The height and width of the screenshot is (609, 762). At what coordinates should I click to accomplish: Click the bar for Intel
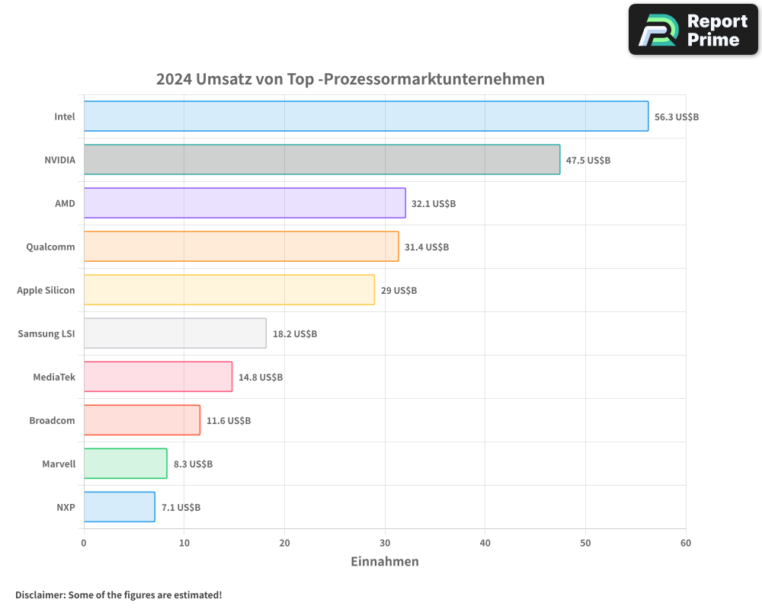[366, 116]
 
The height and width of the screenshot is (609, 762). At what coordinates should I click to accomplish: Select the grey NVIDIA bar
[322, 160]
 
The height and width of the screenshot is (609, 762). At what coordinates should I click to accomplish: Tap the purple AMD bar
[245, 203]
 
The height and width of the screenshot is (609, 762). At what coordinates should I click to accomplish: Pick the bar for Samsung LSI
[174, 333]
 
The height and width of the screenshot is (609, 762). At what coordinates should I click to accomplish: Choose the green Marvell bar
[125, 464]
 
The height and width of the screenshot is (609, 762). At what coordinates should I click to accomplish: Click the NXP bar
[119, 507]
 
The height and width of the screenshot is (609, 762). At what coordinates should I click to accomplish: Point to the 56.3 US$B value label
[677, 117]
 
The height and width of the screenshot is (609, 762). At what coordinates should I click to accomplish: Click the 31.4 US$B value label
[427, 247]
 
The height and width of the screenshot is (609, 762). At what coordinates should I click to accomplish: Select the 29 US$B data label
[399, 291]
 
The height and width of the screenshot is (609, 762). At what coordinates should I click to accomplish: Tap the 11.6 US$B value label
[229, 421]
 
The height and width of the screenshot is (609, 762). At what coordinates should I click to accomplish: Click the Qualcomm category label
[50, 247]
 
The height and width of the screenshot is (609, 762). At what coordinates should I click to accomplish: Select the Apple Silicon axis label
[46, 290]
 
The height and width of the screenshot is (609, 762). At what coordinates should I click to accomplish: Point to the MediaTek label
[54, 377]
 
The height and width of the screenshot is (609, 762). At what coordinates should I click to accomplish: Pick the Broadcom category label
[52, 420]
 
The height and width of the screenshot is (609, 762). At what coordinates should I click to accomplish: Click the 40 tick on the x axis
[485, 543]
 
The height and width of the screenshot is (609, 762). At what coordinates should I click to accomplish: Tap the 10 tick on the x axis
[184, 543]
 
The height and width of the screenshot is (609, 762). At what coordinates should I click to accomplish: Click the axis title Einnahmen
[385, 562]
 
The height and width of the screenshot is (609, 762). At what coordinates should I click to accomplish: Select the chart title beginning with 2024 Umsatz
[351, 79]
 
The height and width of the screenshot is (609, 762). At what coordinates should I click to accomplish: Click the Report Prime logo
[693, 30]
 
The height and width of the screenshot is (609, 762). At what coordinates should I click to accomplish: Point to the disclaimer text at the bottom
[119, 595]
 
